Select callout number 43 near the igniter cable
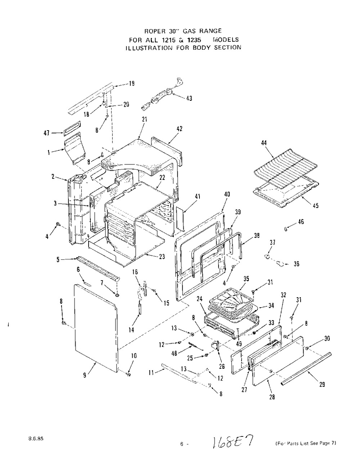pos(189,99)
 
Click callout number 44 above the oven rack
pos(264,143)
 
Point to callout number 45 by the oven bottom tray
pos(315,205)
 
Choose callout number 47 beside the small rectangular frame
pos(46,133)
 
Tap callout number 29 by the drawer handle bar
pos(322,385)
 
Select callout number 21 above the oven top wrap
pos(144,119)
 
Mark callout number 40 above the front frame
pos(227,194)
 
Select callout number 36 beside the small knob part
pos(296,264)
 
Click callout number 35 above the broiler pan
pos(246,279)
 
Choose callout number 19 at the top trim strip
pos(132,84)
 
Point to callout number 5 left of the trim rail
pos(58,259)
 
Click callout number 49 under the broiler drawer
pos(239,344)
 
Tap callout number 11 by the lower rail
pos(151,373)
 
